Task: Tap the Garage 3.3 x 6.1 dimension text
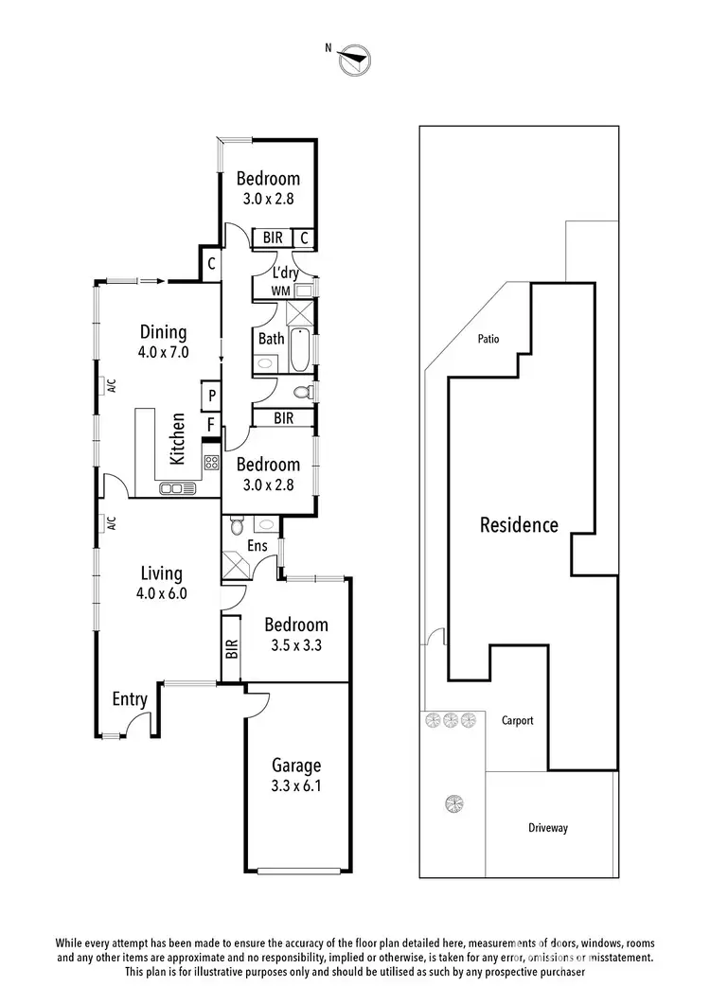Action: click(297, 784)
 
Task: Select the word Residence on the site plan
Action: click(519, 525)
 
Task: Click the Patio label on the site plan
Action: click(488, 339)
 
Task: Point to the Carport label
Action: click(517, 720)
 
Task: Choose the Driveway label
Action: click(548, 828)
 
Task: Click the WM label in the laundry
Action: click(280, 291)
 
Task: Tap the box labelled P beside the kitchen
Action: click(211, 396)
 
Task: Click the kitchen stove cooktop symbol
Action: click(212, 463)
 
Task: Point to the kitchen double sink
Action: click(178, 488)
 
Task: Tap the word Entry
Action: click(130, 699)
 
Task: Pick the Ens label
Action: click(256, 546)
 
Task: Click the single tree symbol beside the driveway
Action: click(453, 804)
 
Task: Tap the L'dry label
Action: click(286, 273)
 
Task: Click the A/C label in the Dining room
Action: click(111, 385)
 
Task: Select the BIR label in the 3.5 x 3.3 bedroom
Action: click(231, 648)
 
